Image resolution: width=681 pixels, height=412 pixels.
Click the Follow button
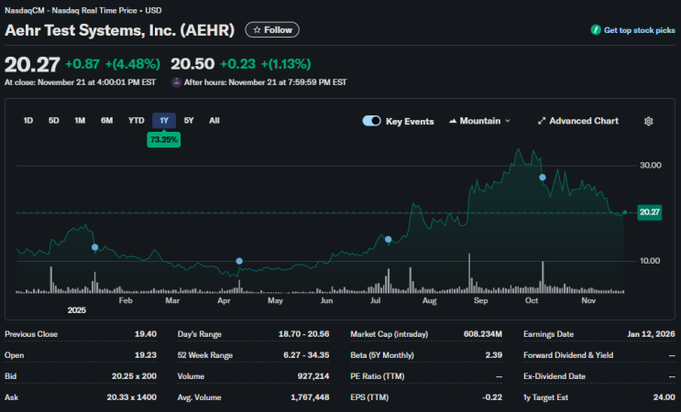tap(272, 30)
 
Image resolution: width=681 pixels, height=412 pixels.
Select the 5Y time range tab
tap(189, 121)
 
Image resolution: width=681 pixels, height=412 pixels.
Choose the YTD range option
tap(136, 121)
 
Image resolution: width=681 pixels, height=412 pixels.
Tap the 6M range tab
tap(107, 121)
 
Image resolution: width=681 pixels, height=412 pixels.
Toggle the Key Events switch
tap(372, 121)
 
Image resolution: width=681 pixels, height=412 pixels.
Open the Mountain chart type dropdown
tap(479, 121)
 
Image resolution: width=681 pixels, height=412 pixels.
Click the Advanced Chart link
tap(578, 121)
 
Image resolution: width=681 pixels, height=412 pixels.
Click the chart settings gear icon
tap(648, 122)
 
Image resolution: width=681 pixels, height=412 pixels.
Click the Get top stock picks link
tap(632, 30)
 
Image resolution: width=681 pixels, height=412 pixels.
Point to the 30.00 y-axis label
tap(650, 165)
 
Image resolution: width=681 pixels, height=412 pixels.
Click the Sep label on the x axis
tap(480, 300)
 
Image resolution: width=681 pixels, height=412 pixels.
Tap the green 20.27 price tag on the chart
tap(649, 212)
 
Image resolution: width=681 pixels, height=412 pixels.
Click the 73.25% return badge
tap(164, 140)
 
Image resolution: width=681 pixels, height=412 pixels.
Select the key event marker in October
tap(543, 178)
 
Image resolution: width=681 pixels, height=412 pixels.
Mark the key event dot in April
tap(239, 261)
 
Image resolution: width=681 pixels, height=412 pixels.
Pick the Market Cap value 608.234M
tap(482, 334)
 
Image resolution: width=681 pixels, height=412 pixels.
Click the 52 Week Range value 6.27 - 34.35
tap(306, 355)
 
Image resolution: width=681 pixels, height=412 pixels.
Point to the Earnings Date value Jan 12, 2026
tap(651, 334)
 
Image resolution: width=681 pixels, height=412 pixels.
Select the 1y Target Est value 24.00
tap(665, 397)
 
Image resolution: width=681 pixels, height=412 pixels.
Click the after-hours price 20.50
tap(192, 64)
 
